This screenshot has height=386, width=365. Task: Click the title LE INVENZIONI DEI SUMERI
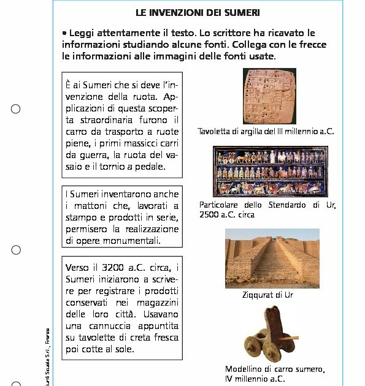tap(198, 12)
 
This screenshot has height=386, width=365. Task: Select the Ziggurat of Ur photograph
tap(272, 258)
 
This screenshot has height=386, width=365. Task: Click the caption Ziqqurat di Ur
tap(267, 295)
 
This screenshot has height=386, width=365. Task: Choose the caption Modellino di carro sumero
tap(274, 369)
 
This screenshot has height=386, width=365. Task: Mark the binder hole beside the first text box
tap(16, 109)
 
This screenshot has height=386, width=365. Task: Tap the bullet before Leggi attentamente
tap(64, 32)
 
